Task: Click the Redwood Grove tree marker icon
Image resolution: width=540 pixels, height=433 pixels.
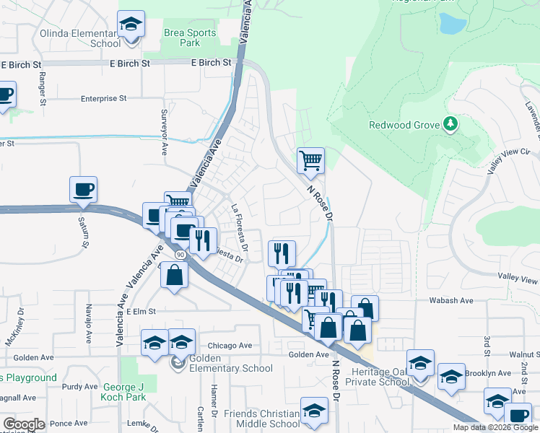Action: coord(451,125)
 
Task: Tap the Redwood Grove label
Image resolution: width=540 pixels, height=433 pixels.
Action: coord(404,125)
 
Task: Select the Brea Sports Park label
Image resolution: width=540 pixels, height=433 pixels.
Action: coord(189,38)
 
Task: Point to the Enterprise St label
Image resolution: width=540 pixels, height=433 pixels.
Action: coord(103,98)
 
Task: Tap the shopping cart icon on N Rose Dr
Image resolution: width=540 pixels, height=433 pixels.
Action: coord(310,160)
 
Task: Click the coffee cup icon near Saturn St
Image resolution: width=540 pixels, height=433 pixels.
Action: coord(84,189)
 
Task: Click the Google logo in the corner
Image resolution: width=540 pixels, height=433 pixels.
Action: coord(24,424)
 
